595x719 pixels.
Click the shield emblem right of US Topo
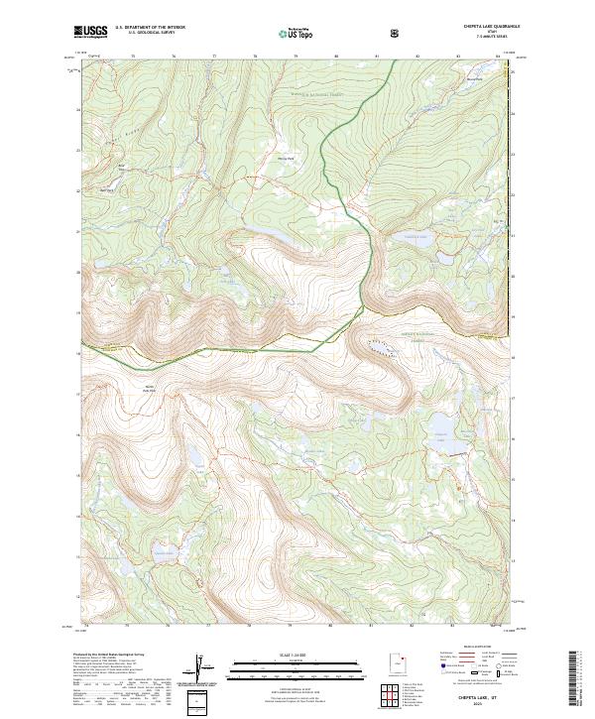339,33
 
